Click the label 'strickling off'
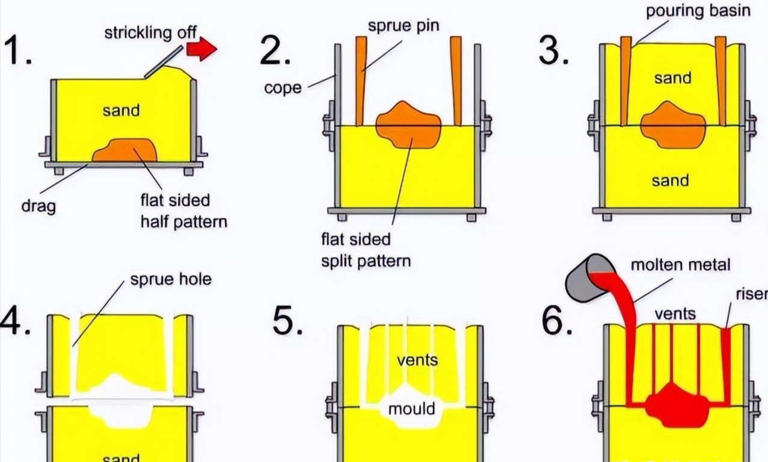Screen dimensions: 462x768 pyautogui.click(x=151, y=32)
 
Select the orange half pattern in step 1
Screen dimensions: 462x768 pyautogui.click(x=125, y=150)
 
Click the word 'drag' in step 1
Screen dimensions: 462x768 pyautogui.click(x=38, y=206)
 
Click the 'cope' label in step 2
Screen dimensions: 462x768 pyautogui.click(x=283, y=88)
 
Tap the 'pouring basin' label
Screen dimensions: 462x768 pyautogui.click(x=698, y=11)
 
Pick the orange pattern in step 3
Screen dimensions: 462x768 pyautogui.click(x=672, y=125)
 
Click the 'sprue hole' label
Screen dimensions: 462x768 pyautogui.click(x=171, y=280)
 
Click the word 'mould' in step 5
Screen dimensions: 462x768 pyautogui.click(x=411, y=409)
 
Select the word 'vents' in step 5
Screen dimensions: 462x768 pyautogui.click(x=417, y=360)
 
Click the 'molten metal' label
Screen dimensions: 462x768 pyautogui.click(x=680, y=265)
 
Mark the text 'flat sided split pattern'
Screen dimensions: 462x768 pyautogui.click(x=366, y=250)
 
